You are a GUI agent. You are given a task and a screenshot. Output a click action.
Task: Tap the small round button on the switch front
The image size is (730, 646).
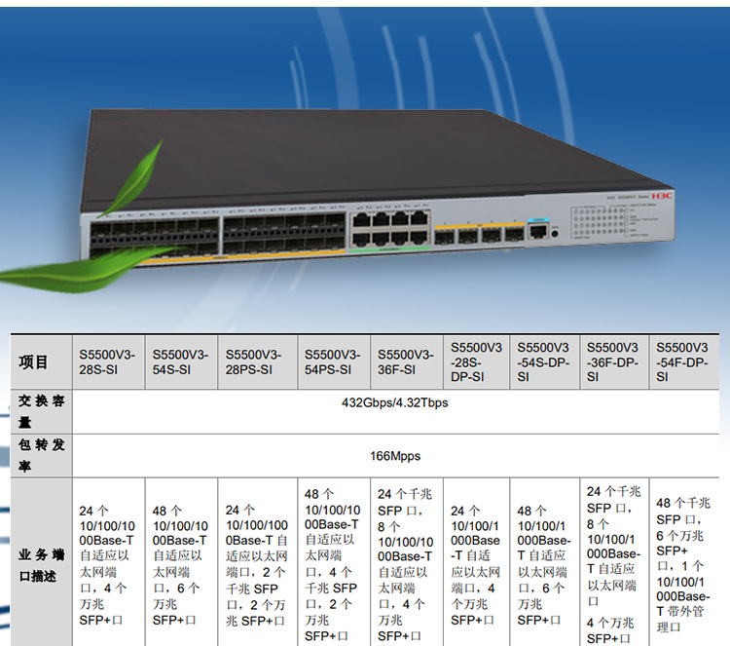[x=555, y=233]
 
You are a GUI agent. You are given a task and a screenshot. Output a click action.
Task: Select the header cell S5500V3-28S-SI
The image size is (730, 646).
[x=107, y=361]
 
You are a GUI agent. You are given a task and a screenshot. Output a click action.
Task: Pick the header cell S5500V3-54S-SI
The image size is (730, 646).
[x=180, y=361]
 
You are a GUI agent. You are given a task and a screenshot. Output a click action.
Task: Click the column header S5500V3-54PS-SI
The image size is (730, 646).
[x=332, y=361]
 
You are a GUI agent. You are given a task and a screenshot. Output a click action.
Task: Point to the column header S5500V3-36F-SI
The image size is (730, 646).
[x=406, y=361]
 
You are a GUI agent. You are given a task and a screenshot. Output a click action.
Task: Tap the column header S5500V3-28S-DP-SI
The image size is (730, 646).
[x=477, y=361]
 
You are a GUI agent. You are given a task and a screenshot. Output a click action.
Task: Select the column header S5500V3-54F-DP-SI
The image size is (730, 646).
[x=683, y=361]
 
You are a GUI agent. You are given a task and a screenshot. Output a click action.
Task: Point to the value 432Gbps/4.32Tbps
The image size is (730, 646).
[x=395, y=402]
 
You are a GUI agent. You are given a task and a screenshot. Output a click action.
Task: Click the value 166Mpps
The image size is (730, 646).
[x=395, y=456]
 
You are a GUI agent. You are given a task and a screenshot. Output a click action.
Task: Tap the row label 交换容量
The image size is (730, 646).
[x=39, y=411]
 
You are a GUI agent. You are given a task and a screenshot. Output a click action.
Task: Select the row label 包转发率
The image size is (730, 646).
[x=39, y=456]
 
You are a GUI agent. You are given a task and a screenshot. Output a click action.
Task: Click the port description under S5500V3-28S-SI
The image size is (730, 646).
[x=107, y=563]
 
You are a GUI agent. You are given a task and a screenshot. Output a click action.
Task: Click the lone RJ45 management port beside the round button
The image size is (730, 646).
[x=534, y=231]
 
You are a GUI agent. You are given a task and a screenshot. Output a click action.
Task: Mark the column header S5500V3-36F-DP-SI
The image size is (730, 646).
[x=614, y=361]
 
